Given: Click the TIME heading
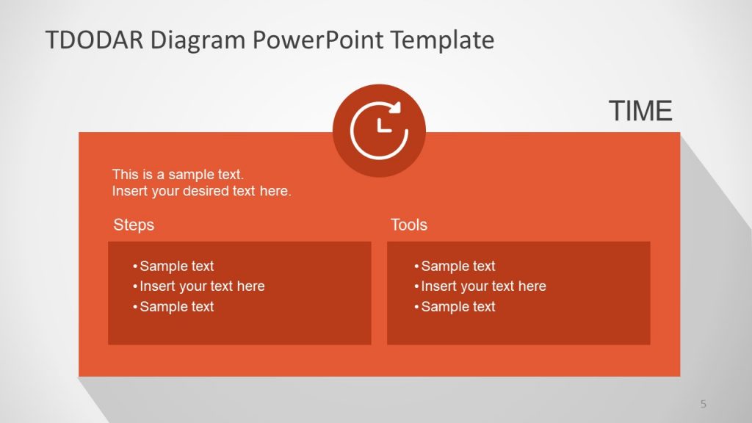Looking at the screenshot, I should pos(640,111).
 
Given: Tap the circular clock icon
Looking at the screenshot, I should pos(379,131).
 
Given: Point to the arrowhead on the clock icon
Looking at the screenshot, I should pos(396,107).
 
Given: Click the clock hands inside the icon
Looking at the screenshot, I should pos(382,126).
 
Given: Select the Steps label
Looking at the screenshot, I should pos(134,225).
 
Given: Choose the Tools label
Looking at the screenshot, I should pos(409,225).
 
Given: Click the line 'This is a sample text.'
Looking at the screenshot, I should pos(178,175).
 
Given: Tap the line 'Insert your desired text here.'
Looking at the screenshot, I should pos(202,192).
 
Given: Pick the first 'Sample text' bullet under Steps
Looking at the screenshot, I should pos(176,266).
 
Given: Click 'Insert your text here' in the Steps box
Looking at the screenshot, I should pos(202,286).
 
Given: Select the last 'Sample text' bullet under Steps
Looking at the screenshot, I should pos(176,307).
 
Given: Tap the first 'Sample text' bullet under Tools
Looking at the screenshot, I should pos(458,266).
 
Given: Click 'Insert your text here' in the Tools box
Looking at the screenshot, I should pos(483,286).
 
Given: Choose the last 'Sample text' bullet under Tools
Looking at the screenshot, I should pos(458,307).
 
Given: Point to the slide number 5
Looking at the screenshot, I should pos(703,403).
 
